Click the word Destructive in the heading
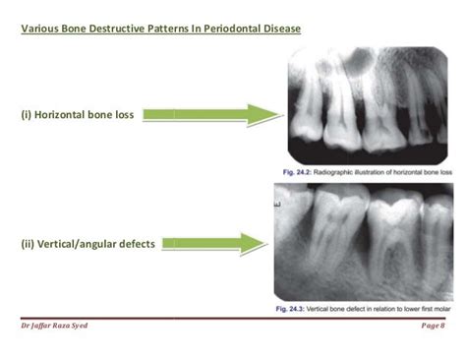point(107,28)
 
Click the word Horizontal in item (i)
point(67,115)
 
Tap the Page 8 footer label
point(433,326)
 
